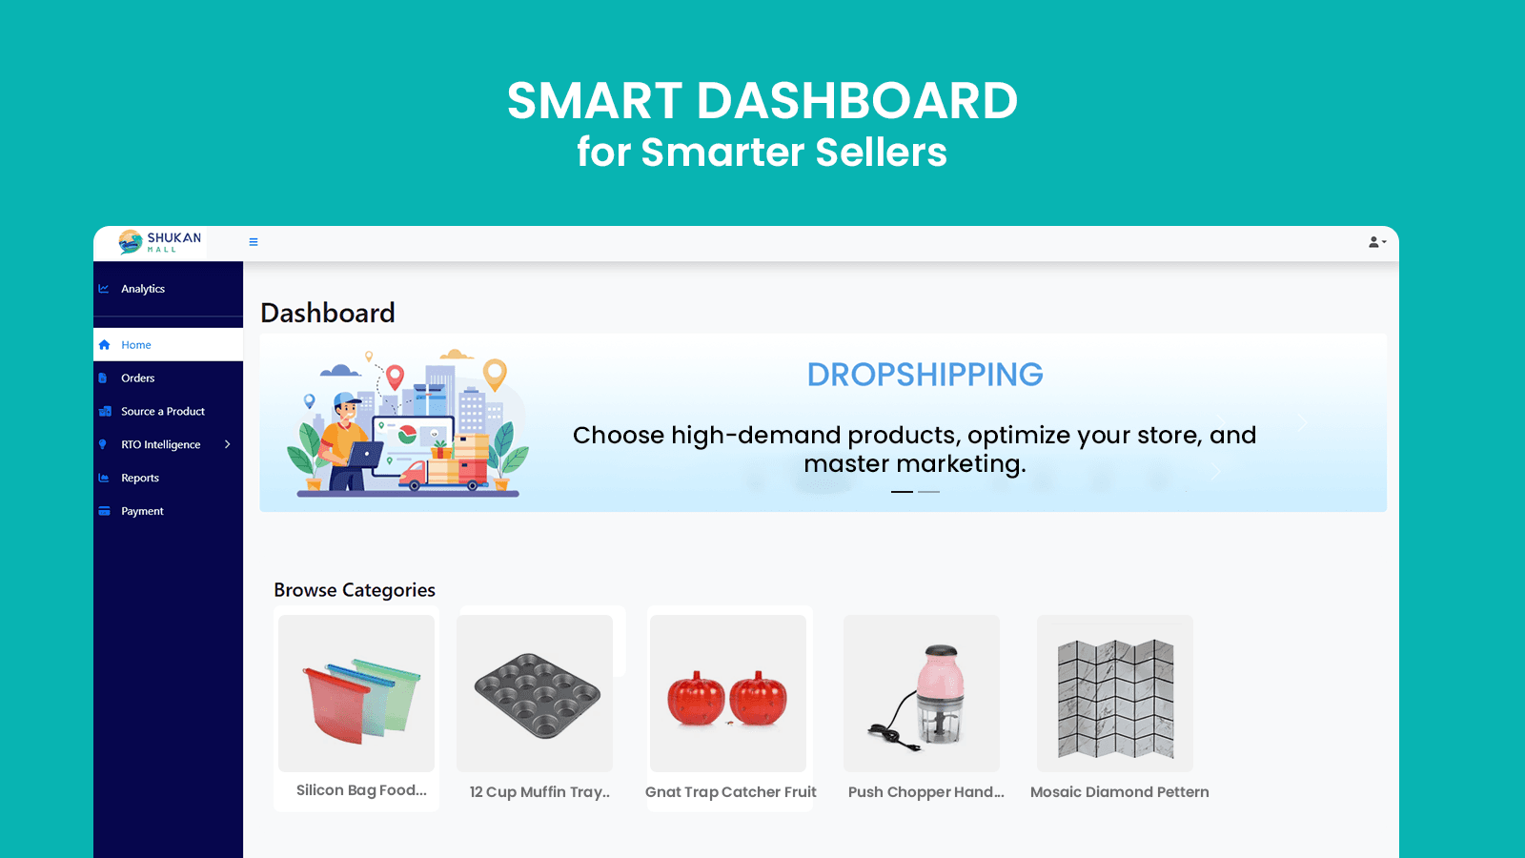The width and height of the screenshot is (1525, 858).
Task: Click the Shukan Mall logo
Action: pyautogui.click(x=160, y=242)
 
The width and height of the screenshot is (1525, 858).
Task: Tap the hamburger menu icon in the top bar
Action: pyautogui.click(x=254, y=242)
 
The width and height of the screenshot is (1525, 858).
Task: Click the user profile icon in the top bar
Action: pyautogui.click(x=1376, y=242)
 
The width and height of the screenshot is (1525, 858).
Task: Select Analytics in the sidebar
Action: pyautogui.click(x=142, y=289)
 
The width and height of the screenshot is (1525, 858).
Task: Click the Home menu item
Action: pyautogui.click(x=135, y=344)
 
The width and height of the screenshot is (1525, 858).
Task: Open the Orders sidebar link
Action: pyautogui.click(x=137, y=378)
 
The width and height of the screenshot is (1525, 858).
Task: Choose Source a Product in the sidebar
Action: pyautogui.click(x=163, y=411)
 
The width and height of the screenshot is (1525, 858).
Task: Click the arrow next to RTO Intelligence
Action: pyautogui.click(x=228, y=444)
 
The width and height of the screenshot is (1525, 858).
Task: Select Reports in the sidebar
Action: pyautogui.click(x=139, y=478)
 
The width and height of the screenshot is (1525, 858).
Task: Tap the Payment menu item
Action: pyautogui.click(x=142, y=511)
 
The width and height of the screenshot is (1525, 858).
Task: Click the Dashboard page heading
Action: pyautogui.click(x=328, y=314)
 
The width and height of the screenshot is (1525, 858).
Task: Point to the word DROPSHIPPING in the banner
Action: pyautogui.click(x=925, y=375)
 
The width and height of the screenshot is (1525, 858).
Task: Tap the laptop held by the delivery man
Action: pyautogui.click(x=366, y=454)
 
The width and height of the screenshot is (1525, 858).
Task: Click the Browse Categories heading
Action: pyautogui.click(x=354, y=590)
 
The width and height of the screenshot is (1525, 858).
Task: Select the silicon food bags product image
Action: pyautogui.click(x=356, y=693)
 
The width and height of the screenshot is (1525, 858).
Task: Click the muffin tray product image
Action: pyautogui.click(x=535, y=693)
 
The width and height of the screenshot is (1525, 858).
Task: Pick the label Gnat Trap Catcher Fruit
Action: pyautogui.click(x=730, y=792)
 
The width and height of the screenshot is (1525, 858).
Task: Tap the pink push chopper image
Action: pyautogui.click(x=922, y=693)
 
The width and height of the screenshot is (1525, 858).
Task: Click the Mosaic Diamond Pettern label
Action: pyautogui.click(x=1119, y=792)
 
